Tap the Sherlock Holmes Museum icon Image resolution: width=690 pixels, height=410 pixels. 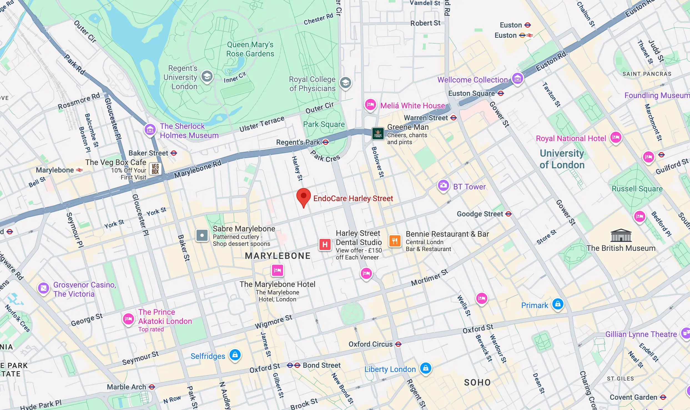(x=150, y=129)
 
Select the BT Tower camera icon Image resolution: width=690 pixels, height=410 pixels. (x=443, y=185)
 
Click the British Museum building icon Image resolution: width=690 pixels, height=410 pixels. (x=621, y=236)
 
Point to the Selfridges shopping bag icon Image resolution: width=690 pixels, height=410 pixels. (x=235, y=355)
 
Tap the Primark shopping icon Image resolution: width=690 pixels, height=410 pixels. (x=558, y=304)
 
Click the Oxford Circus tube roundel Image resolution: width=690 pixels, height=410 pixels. (x=398, y=344)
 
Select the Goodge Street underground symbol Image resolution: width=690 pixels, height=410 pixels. (x=508, y=214)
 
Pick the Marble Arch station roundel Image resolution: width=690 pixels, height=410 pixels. (x=152, y=387)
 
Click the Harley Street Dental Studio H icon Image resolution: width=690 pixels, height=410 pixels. (x=325, y=244)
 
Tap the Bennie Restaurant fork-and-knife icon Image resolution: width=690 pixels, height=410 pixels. (x=395, y=241)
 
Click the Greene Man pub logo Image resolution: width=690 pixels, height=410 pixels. (x=378, y=134)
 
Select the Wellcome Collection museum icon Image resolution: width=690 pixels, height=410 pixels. (x=517, y=79)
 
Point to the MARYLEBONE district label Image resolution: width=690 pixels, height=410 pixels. (x=278, y=256)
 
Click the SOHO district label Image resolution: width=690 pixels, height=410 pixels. (x=477, y=382)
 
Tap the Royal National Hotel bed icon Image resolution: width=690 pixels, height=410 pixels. (x=616, y=137)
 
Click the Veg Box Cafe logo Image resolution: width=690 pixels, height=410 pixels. (x=155, y=169)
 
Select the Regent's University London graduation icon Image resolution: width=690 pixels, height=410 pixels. (x=207, y=76)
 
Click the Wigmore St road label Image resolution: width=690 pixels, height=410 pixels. (x=273, y=322)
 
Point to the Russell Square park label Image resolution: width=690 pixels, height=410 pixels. (x=637, y=189)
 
